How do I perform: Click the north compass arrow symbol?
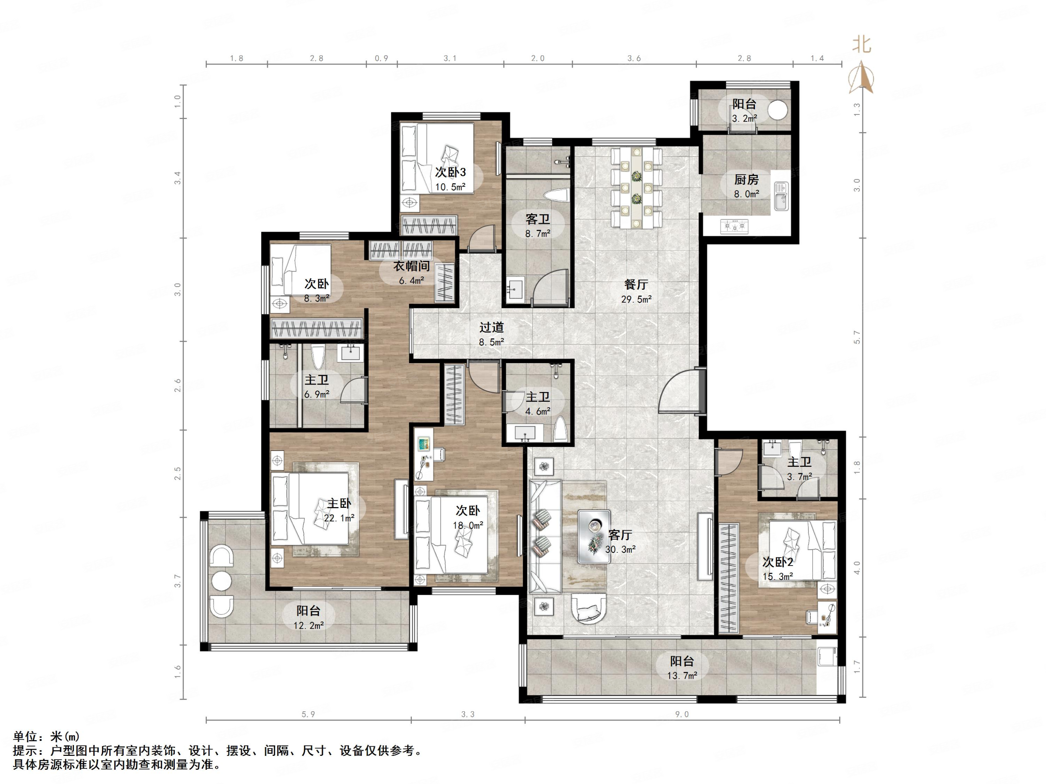[x=862, y=78]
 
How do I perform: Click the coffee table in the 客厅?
[x=594, y=536]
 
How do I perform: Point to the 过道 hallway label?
[x=491, y=327]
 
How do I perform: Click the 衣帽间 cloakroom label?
[x=412, y=266]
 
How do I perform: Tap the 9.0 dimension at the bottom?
[x=682, y=714]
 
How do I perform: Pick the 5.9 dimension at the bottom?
[x=308, y=714]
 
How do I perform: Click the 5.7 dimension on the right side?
[x=857, y=337]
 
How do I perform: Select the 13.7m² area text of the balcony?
[x=682, y=676]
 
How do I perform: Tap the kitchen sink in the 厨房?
[x=781, y=196]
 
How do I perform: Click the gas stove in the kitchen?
[x=734, y=227]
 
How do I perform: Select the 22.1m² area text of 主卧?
[x=339, y=518]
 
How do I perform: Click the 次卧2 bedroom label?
[x=777, y=562]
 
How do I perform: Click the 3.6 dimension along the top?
[x=634, y=58]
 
